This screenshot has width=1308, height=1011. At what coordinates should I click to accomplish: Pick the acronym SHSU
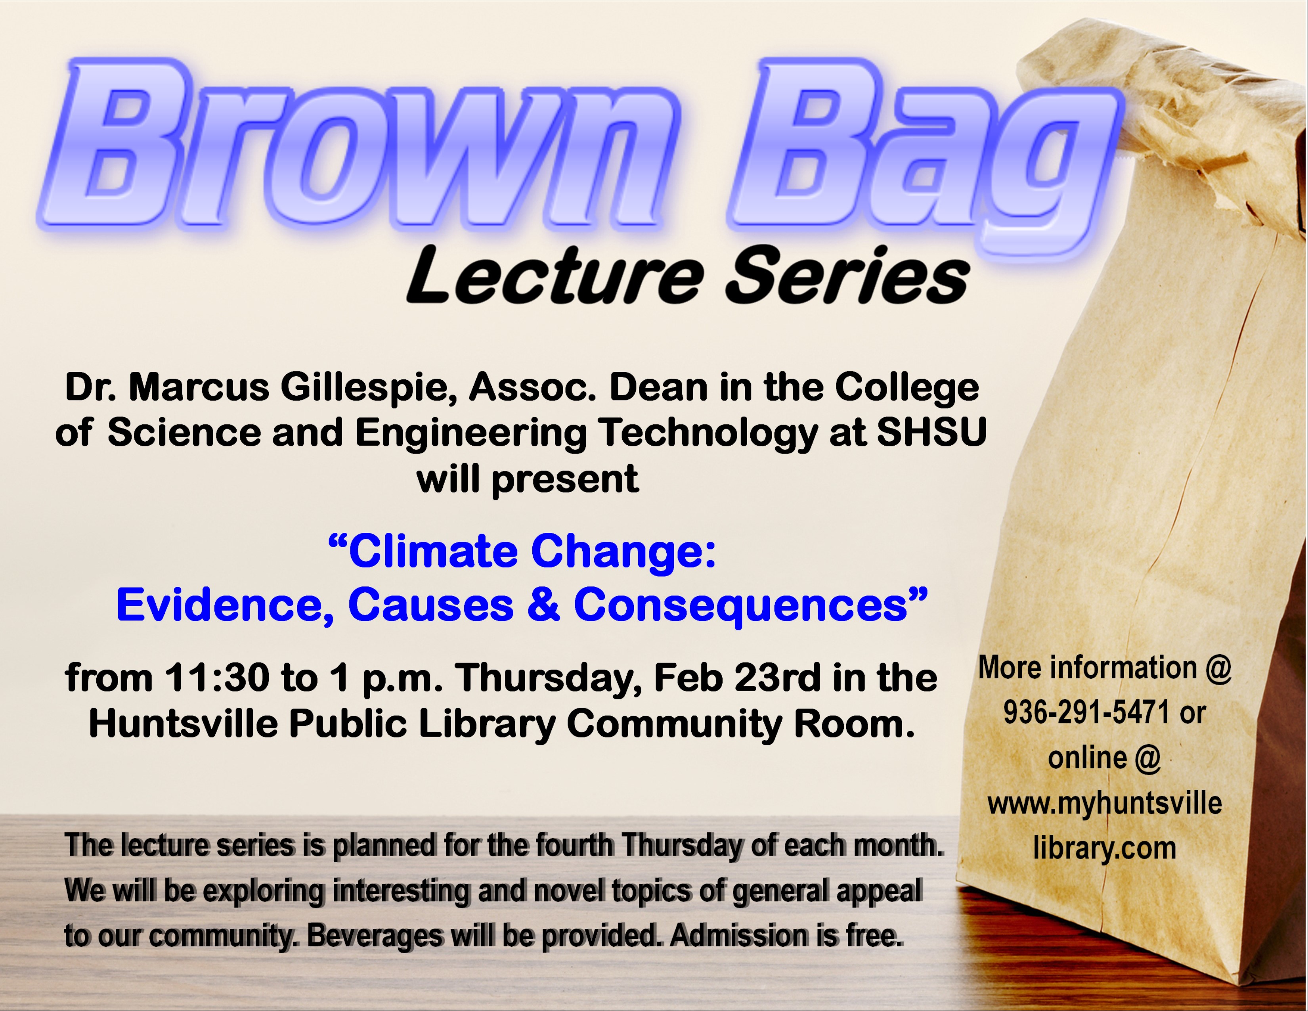(x=931, y=433)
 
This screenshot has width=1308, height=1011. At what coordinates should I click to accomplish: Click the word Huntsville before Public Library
(x=183, y=724)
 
